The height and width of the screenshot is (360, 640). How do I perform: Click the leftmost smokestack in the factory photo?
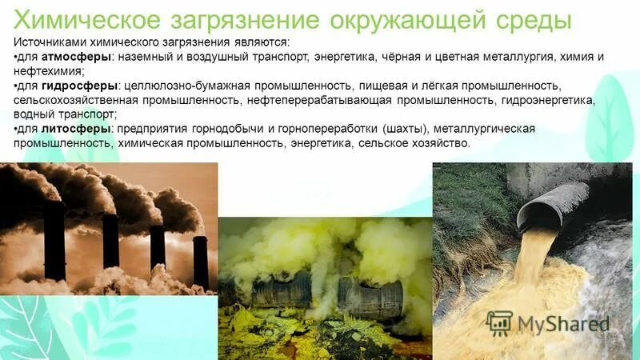54,240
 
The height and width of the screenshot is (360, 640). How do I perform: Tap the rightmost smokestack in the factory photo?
200,260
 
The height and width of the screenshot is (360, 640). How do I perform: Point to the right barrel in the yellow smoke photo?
370,298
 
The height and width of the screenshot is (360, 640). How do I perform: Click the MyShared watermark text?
562,324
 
